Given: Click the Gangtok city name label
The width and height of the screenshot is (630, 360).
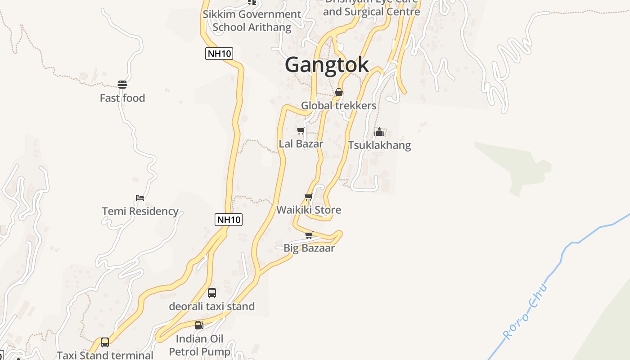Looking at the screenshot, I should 327,64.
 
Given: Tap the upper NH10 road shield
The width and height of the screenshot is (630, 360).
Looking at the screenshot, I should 219,54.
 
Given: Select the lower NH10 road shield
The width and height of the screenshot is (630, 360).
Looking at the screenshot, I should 229,220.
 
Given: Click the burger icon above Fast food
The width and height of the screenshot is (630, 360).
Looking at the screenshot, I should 122,85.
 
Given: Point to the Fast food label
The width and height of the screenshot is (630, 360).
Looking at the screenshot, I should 122,98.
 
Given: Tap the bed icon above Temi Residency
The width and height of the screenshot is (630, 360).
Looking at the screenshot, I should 140,198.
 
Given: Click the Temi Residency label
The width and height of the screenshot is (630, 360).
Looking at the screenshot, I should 140,211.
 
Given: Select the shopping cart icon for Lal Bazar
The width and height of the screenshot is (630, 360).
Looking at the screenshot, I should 301,131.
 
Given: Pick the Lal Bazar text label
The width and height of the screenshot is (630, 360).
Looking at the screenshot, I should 301,144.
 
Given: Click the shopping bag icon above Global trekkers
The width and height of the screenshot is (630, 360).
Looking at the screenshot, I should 339,93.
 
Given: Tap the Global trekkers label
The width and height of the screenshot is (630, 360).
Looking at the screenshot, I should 338,106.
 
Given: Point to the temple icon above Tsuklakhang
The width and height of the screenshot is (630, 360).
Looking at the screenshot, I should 379,132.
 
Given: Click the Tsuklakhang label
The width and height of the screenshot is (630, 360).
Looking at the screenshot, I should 379,145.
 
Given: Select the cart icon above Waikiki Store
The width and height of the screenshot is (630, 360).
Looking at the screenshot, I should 309,197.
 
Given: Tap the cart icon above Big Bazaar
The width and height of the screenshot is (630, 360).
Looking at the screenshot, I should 309,235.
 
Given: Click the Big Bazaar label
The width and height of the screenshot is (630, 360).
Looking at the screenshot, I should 309,248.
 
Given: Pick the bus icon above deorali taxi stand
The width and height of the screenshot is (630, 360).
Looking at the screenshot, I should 212,293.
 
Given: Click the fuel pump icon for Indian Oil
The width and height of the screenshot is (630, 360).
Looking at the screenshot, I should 199,325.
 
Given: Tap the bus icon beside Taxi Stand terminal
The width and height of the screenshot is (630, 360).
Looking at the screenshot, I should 105,342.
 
